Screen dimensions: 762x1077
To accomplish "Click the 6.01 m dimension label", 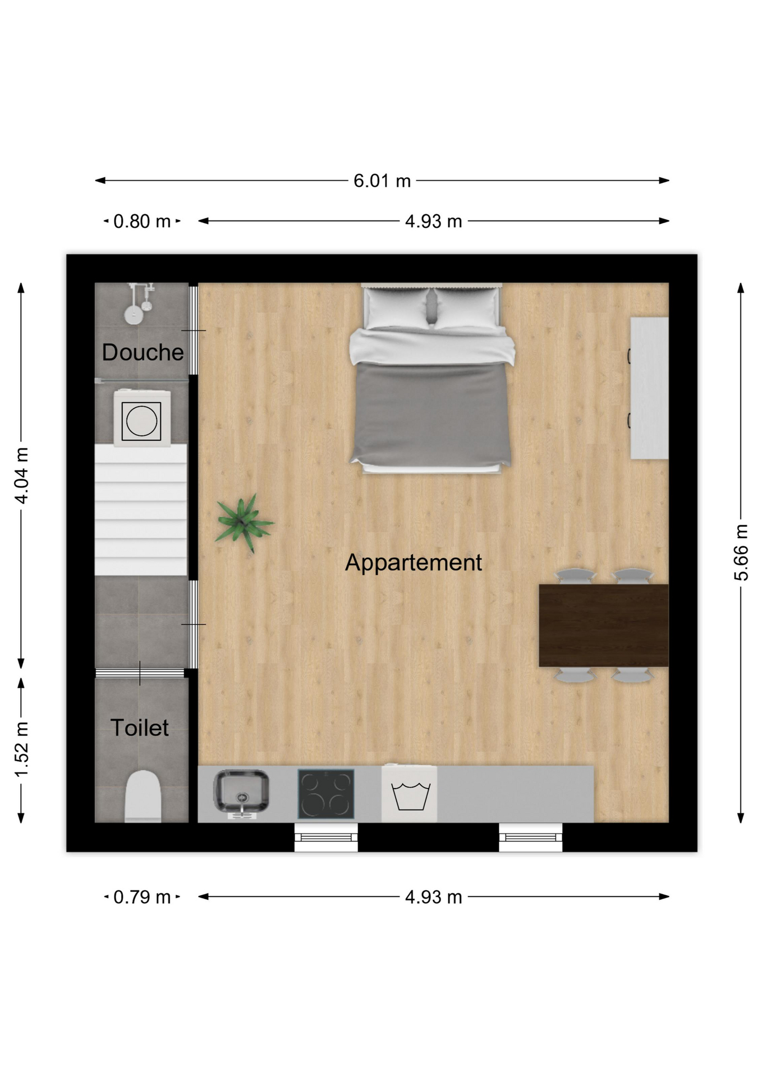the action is click(382, 181).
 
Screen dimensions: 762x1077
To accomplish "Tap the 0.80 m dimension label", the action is click(142, 221).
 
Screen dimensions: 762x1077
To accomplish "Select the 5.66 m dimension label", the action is click(741, 553).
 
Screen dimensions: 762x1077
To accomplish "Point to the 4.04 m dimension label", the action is click(21, 476).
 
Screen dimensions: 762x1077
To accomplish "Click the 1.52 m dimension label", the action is click(21, 750).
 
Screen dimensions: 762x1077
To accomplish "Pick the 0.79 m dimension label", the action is click(142, 897).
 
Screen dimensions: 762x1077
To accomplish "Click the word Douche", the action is click(143, 352).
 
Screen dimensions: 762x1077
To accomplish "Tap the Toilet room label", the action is click(139, 728).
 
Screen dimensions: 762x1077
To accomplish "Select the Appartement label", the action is click(414, 563).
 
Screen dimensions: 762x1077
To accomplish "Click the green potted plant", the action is click(244, 523).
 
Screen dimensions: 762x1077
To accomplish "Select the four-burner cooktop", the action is click(326, 794).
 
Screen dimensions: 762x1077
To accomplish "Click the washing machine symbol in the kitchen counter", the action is click(410, 794).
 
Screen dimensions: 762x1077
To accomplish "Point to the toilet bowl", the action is click(143, 797).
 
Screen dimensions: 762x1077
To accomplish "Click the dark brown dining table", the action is click(604, 625).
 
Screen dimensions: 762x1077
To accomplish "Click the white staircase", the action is click(141, 509).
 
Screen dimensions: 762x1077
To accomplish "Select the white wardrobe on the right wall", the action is click(649, 388).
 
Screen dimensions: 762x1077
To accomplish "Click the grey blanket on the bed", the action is click(431, 414).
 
